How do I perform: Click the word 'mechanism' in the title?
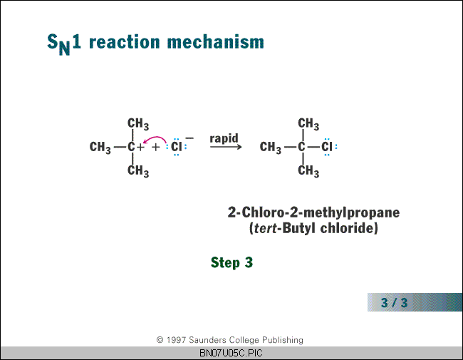[216, 42]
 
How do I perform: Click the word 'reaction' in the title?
[125, 42]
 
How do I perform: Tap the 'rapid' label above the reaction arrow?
[224, 138]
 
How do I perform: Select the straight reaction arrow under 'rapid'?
[226, 147]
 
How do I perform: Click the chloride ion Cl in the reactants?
[177, 147]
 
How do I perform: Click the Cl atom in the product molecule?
[327, 147]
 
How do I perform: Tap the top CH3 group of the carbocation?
[138, 124]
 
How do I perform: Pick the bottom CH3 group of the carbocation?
[138, 171]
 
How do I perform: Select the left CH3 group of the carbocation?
[100, 148]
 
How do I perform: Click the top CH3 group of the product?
[308, 124]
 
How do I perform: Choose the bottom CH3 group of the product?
[308, 171]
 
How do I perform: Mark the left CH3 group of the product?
[271, 148]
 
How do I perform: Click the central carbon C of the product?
[301, 147]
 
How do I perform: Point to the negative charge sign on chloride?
[189, 138]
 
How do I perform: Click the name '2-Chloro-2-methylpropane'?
[313, 213]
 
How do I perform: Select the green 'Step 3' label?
[231, 262]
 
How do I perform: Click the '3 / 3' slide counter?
[394, 302]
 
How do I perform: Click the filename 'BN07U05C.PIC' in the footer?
[231, 353]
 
